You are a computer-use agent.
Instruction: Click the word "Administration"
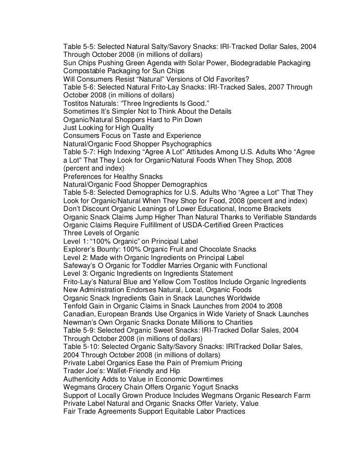[106, 290]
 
